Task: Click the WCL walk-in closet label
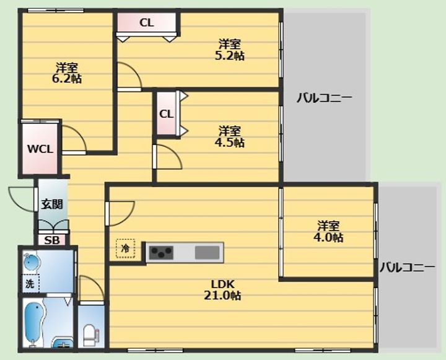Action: pyautogui.click(x=40, y=149)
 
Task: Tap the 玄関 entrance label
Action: pyautogui.click(x=52, y=204)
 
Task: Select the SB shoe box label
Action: pyautogui.click(x=52, y=240)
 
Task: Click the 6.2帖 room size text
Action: pyautogui.click(x=67, y=78)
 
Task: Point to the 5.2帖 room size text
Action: pyautogui.click(x=230, y=56)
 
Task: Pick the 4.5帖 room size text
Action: pyautogui.click(x=230, y=143)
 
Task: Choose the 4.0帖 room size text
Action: pyautogui.click(x=328, y=237)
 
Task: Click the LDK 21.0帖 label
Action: pyautogui.click(x=222, y=290)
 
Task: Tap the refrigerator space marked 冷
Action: pyautogui.click(x=125, y=248)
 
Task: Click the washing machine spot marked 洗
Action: pyautogui.click(x=30, y=283)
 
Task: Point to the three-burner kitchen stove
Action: pyautogui.click(x=161, y=252)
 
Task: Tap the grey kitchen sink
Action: pyautogui.click(x=207, y=253)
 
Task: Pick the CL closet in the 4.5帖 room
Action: pyautogui.click(x=167, y=114)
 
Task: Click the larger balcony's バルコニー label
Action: pyautogui.click(x=325, y=98)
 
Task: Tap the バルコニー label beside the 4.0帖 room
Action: pyautogui.click(x=408, y=267)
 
